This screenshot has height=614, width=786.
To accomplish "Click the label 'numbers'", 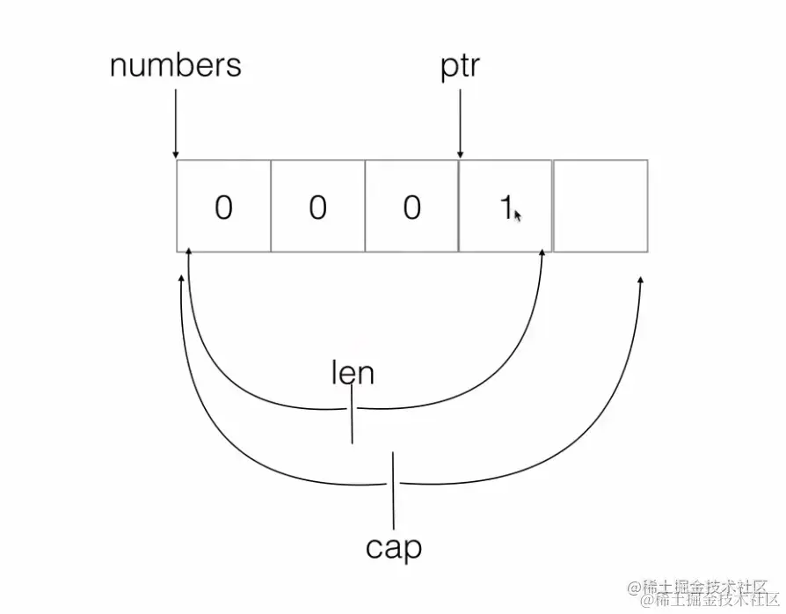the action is click(x=176, y=67).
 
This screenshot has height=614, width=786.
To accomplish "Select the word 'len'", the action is click(x=353, y=373).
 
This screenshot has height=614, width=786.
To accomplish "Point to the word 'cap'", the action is click(x=394, y=547).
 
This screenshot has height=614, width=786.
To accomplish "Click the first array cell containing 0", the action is click(x=223, y=206).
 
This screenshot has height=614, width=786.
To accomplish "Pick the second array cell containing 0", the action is click(x=317, y=206).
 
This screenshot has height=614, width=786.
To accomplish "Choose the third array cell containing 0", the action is click(x=411, y=206).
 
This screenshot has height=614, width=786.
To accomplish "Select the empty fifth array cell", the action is click(x=600, y=206).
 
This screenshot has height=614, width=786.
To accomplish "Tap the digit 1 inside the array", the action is click(x=506, y=208).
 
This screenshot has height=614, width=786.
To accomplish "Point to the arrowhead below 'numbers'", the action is click(x=176, y=154).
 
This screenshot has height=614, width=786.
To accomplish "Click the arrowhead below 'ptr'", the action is click(x=460, y=155).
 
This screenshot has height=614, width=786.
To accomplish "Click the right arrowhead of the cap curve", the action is click(x=639, y=281).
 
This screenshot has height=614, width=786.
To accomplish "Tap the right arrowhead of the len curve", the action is click(x=542, y=254).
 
